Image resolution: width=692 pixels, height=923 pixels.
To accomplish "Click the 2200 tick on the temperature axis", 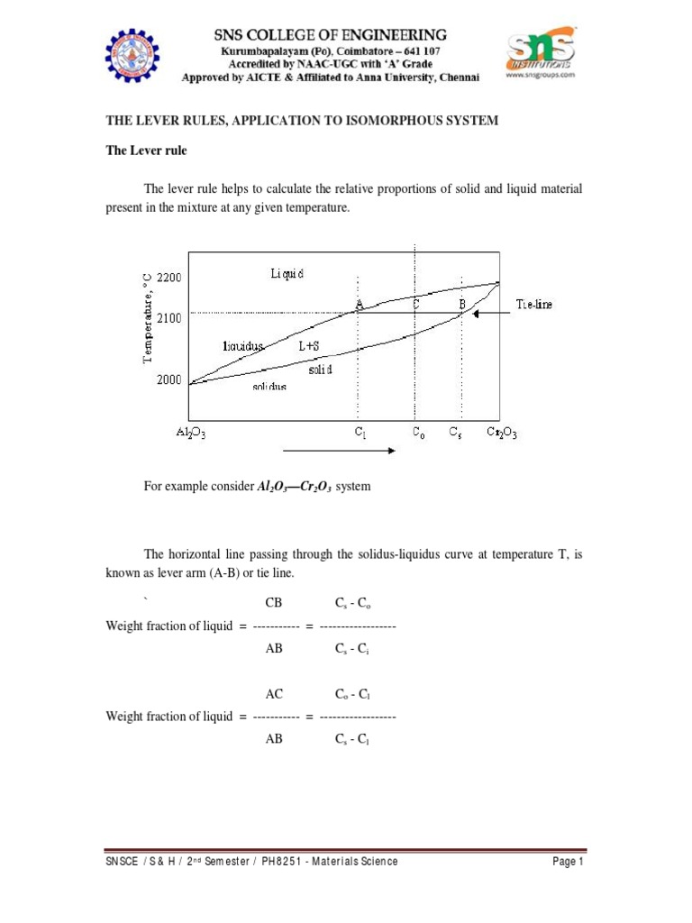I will (x=169, y=278).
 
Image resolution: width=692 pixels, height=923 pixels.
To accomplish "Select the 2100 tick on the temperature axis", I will (x=169, y=318).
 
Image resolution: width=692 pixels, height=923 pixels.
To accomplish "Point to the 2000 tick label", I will (x=169, y=380).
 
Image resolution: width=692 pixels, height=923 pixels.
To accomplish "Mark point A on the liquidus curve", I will (x=360, y=306).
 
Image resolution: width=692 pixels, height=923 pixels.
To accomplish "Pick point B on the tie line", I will (x=461, y=306).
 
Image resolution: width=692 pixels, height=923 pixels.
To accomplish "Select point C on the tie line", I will (x=415, y=306).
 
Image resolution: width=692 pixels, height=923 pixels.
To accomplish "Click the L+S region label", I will (x=309, y=345).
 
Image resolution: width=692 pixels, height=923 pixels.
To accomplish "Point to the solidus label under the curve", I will (x=269, y=387).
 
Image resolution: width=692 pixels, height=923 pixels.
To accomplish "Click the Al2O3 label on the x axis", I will (x=191, y=433).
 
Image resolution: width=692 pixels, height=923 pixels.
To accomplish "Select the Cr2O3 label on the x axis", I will (x=502, y=433).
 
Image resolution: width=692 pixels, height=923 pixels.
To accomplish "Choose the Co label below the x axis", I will (x=417, y=433).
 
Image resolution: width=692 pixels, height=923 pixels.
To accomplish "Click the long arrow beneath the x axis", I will (x=339, y=450).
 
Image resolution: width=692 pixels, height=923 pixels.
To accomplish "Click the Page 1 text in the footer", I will (x=569, y=862).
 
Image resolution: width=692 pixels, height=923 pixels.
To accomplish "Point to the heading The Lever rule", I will (x=147, y=151).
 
